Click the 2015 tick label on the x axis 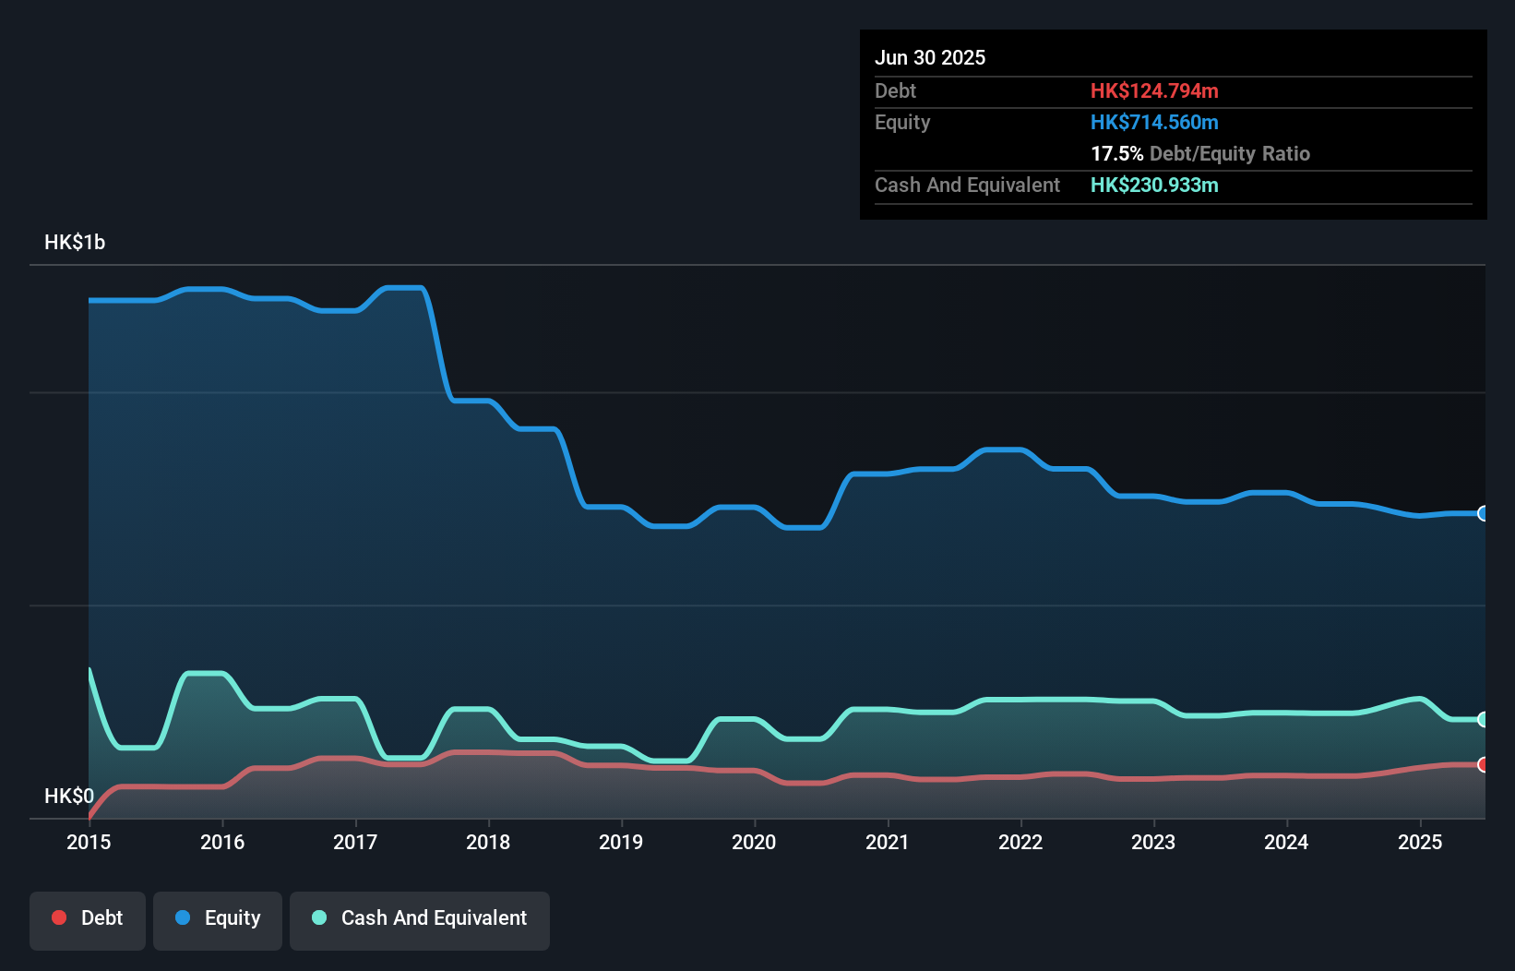coord(89,842)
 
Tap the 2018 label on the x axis coord(488,842)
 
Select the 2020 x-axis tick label coord(754,842)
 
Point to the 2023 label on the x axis coord(1153,842)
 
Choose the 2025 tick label coord(1420,842)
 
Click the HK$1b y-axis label coord(75,243)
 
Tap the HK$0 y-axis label coord(68,796)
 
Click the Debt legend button coord(88,918)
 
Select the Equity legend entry coord(218,918)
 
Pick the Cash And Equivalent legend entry coord(420,918)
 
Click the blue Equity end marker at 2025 coord(1483,513)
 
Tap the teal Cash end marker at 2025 coord(1483,719)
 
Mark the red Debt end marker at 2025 coord(1483,764)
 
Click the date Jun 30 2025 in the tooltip coord(930,58)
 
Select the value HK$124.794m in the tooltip coord(1154,91)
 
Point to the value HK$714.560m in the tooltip coord(1154,123)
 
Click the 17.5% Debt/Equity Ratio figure coord(1199,154)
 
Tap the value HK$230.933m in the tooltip coord(1154,186)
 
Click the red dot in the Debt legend coord(59,917)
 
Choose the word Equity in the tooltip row coord(902,123)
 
